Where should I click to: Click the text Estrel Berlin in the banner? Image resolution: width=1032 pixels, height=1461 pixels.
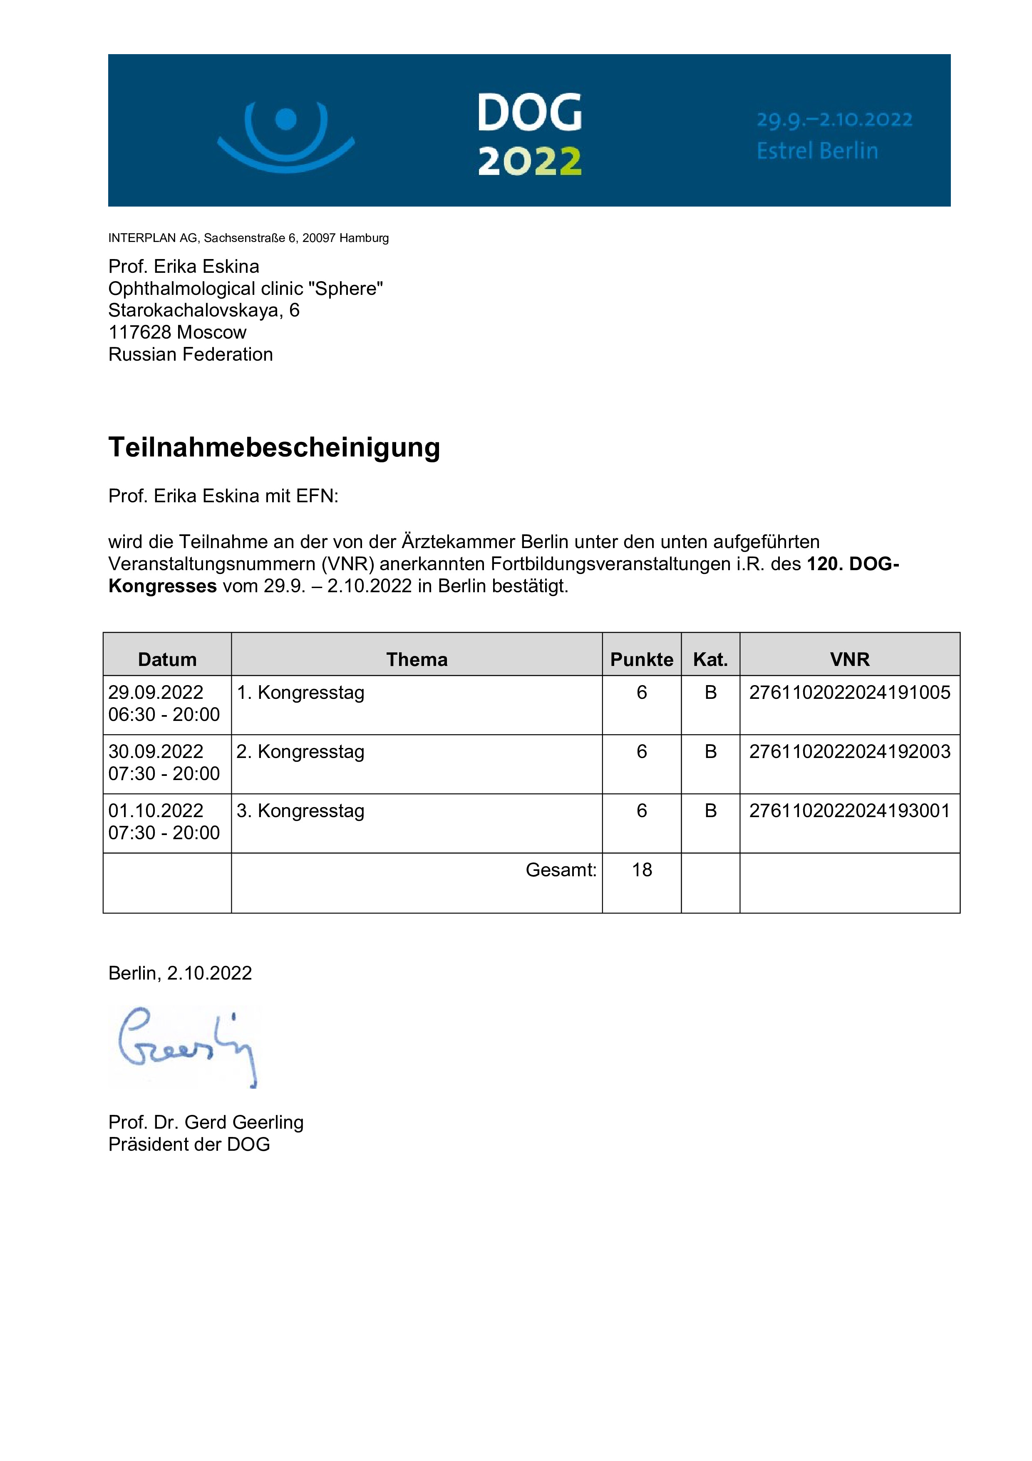817,151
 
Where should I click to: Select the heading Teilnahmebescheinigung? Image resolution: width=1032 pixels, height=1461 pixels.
274,447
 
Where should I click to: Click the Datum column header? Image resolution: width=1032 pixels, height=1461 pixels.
167,659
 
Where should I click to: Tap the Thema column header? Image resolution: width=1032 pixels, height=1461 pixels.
417,659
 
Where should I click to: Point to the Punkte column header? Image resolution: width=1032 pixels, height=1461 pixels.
642,659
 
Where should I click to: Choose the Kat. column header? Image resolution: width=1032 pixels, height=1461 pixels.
710,659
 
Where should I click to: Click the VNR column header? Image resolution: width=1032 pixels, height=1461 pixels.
849,659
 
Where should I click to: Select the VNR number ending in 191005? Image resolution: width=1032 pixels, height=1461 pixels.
849,692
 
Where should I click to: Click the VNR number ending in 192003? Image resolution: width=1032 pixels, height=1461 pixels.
849,751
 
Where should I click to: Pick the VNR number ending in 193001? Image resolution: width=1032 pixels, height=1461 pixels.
849,811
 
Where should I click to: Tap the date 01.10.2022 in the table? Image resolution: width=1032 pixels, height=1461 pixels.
156,811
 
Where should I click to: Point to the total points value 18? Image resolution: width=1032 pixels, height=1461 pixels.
642,870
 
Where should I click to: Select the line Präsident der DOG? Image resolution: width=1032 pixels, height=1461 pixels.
189,1144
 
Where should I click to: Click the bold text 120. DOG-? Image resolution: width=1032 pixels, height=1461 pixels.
853,564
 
